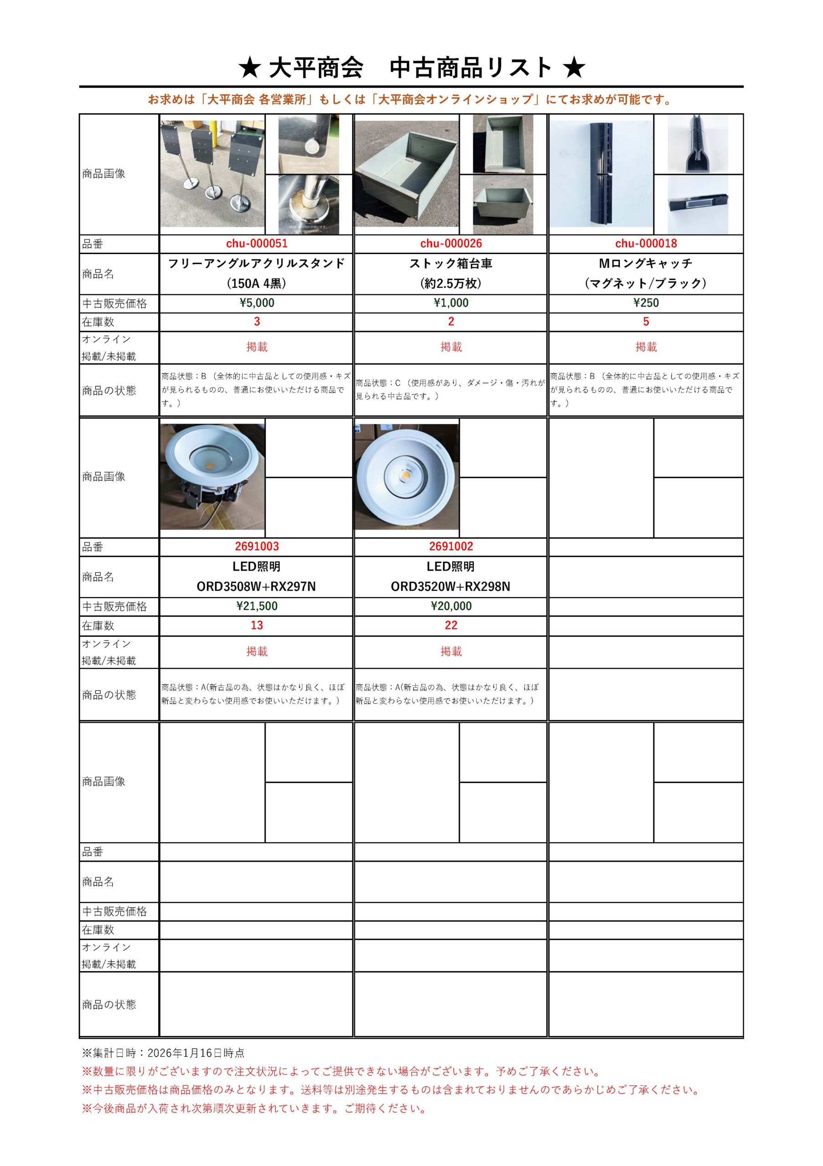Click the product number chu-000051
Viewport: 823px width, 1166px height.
(x=257, y=244)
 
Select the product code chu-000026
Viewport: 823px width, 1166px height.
(x=451, y=244)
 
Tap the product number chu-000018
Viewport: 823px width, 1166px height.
(x=646, y=244)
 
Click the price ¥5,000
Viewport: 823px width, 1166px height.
(x=257, y=303)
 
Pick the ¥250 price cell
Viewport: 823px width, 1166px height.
(x=646, y=303)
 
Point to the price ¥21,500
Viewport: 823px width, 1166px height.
(x=257, y=606)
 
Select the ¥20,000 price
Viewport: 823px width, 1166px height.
(x=451, y=606)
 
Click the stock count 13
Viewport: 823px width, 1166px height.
(x=257, y=625)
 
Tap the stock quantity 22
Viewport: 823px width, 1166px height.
(x=451, y=625)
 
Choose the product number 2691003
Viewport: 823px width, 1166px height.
(x=257, y=547)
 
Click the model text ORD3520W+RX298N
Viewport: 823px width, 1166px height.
(x=451, y=587)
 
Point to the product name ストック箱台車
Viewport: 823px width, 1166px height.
(x=451, y=264)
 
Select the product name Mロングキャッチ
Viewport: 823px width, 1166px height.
(x=646, y=264)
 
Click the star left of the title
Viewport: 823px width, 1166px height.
(x=249, y=68)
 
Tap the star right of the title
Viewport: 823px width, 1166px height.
(x=574, y=68)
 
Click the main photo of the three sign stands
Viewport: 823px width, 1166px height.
(x=212, y=174)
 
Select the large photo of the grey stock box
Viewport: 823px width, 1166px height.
(x=406, y=174)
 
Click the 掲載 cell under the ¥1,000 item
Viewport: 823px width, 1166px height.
(x=451, y=347)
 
